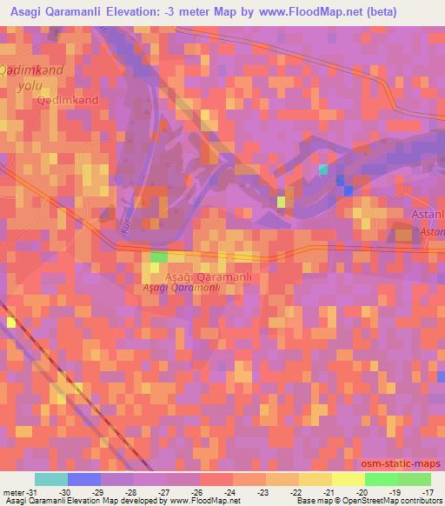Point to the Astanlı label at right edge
(428, 214)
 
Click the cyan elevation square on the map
(324, 169)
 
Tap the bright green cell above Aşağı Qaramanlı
(158, 256)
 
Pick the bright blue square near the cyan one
(349, 190)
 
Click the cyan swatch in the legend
(51, 479)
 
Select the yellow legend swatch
(348, 479)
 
